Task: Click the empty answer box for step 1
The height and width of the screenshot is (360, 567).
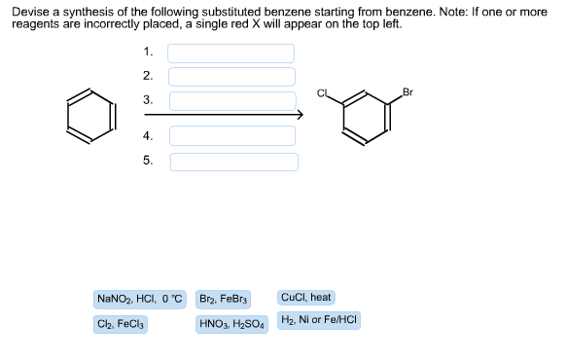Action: coord(232,53)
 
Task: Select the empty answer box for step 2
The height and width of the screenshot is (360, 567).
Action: coord(232,76)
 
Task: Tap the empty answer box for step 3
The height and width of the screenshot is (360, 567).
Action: coord(232,100)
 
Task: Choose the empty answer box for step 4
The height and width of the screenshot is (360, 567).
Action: coord(232,136)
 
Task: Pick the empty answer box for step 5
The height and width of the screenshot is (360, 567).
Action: coord(232,161)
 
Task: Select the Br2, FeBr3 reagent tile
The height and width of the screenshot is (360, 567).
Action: coord(224,299)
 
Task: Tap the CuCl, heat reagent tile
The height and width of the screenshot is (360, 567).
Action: coord(305,297)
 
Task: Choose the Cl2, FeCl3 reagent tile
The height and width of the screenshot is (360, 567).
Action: coord(122,323)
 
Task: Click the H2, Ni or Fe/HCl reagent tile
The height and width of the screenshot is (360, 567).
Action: coord(319,320)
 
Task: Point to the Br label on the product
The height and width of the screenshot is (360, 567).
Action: coord(407,92)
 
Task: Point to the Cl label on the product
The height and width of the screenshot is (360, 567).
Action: coord(322,92)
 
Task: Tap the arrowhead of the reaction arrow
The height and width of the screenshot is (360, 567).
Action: coord(300,116)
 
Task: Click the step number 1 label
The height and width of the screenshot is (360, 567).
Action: coord(147,52)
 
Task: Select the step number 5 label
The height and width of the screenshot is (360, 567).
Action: coord(147,161)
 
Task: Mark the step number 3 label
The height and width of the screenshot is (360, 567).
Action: coord(147,100)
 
